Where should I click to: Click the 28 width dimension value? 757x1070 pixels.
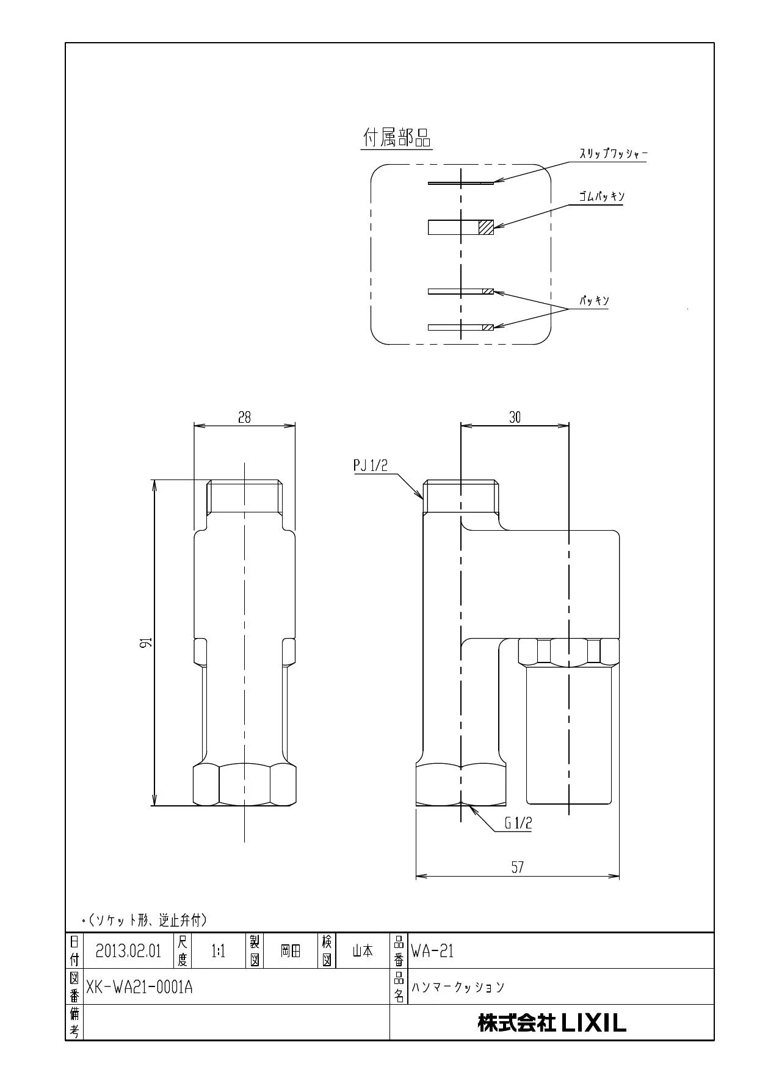pyautogui.click(x=244, y=417)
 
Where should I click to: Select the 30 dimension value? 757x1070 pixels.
pyautogui.click(x=515, y=417)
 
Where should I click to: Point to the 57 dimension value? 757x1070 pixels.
pyautogui.click(x=517, y=867)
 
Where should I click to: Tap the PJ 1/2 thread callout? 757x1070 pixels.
pyautogui.click(x=371, y=465)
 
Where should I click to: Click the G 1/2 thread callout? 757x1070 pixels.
pyautogui.click(x=518, y=823)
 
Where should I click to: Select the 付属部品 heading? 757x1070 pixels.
pyautogui.click(x=397, y=139)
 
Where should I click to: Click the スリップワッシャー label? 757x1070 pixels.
pyautogui.click(x=612, y=154)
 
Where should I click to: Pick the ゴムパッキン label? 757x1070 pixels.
pyautogui.click(x=601, y=197)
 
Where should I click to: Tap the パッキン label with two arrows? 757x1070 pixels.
pyautogui.click(x=594, y=301)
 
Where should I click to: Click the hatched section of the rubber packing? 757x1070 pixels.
pyautogui.click(x=486, y=227)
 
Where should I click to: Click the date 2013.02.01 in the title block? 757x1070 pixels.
pyautogui.click(x=128, y=951)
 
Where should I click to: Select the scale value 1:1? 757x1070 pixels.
pyautogui.click(x=219, y=951)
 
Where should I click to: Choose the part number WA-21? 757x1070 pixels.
pyautogui.click(x=432, y=951)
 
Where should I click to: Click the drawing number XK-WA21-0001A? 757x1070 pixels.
pyautogui.click(x=139, y=987)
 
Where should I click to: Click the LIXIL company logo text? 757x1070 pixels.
pyautogui.click(x=551, y=1023)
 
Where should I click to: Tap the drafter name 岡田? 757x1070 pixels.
pyautogui.click(x=291, y=951)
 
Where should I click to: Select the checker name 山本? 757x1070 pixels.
pyautogui.click(x=363, y=951)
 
